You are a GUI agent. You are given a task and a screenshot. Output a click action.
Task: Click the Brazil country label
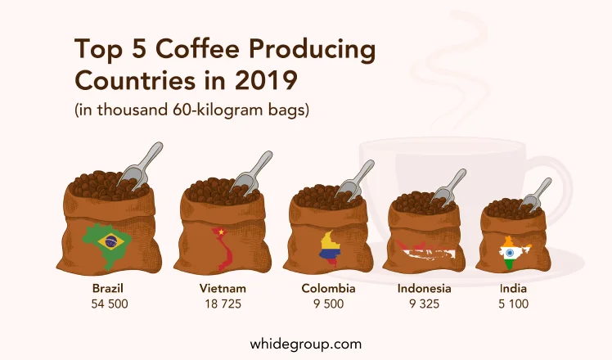[108, 289]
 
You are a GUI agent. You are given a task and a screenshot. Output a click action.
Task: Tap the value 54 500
[110, 304]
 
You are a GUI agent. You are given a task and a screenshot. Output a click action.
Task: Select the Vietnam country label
[223, 289]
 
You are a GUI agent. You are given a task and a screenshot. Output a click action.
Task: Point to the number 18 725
[223, 304]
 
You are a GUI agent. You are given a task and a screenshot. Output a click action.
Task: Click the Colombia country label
[328, 289]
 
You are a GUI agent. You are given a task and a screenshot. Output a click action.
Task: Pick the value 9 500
[328, 304]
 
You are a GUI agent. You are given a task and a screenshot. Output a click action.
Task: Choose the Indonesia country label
[425, 289]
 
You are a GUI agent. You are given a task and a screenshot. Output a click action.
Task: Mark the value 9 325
[425, 304]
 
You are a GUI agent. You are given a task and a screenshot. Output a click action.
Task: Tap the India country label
[513, 289]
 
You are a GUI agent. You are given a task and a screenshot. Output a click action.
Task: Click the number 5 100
[513, 304]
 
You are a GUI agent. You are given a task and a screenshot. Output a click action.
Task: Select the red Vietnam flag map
[223, 249]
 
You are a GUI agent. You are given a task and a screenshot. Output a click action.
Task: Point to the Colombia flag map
[330, 249]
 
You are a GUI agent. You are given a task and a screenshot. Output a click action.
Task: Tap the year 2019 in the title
[266, 81]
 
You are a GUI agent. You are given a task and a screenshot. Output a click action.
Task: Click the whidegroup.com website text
[306, 344]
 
